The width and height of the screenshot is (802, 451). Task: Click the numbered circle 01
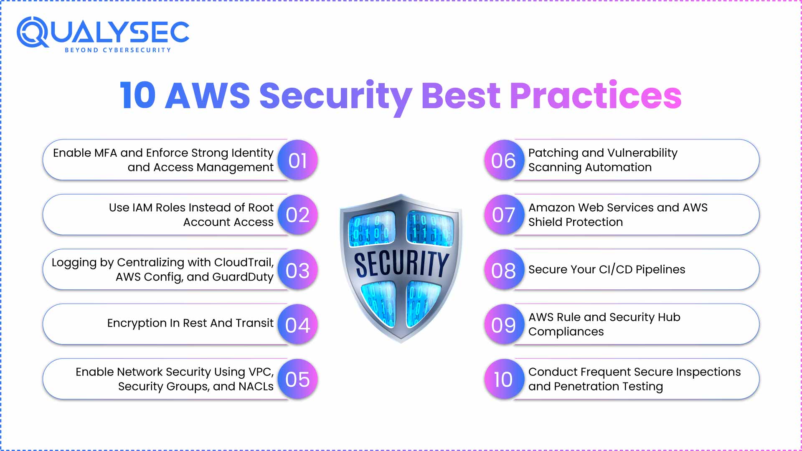tap(297, 160)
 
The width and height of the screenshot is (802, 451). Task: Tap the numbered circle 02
tap(297, 215)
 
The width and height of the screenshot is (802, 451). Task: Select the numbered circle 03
tap(297, 270)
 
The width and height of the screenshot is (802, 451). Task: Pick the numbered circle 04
tap(297, 324)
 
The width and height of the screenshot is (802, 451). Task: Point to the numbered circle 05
tap(297, 379)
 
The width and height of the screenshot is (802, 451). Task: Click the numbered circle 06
tap(504, 160)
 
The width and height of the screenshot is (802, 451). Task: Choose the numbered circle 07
tap(504, 215)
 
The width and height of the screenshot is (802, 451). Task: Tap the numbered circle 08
tap(504, 270)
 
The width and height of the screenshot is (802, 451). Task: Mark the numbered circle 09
tap(504, 324)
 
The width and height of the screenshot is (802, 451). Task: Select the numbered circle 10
tap(504, 379)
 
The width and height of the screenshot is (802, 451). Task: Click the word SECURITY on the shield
tap(402, 264)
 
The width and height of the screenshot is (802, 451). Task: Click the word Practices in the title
tap(596, 95)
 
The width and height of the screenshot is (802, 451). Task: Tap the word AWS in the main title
tap(208, 95)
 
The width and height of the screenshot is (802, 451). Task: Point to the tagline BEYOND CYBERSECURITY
tap(118, 50)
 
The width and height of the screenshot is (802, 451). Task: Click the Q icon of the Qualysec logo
tap(33, 32)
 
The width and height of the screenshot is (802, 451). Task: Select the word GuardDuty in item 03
tap(243, 277)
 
